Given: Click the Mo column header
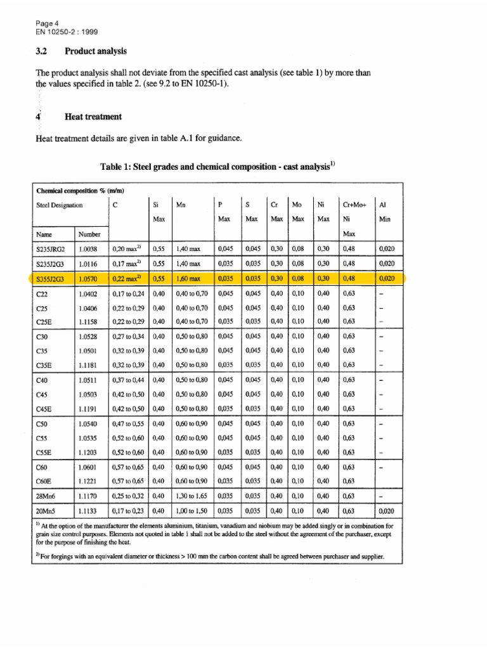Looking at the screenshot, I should coord(296,205).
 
